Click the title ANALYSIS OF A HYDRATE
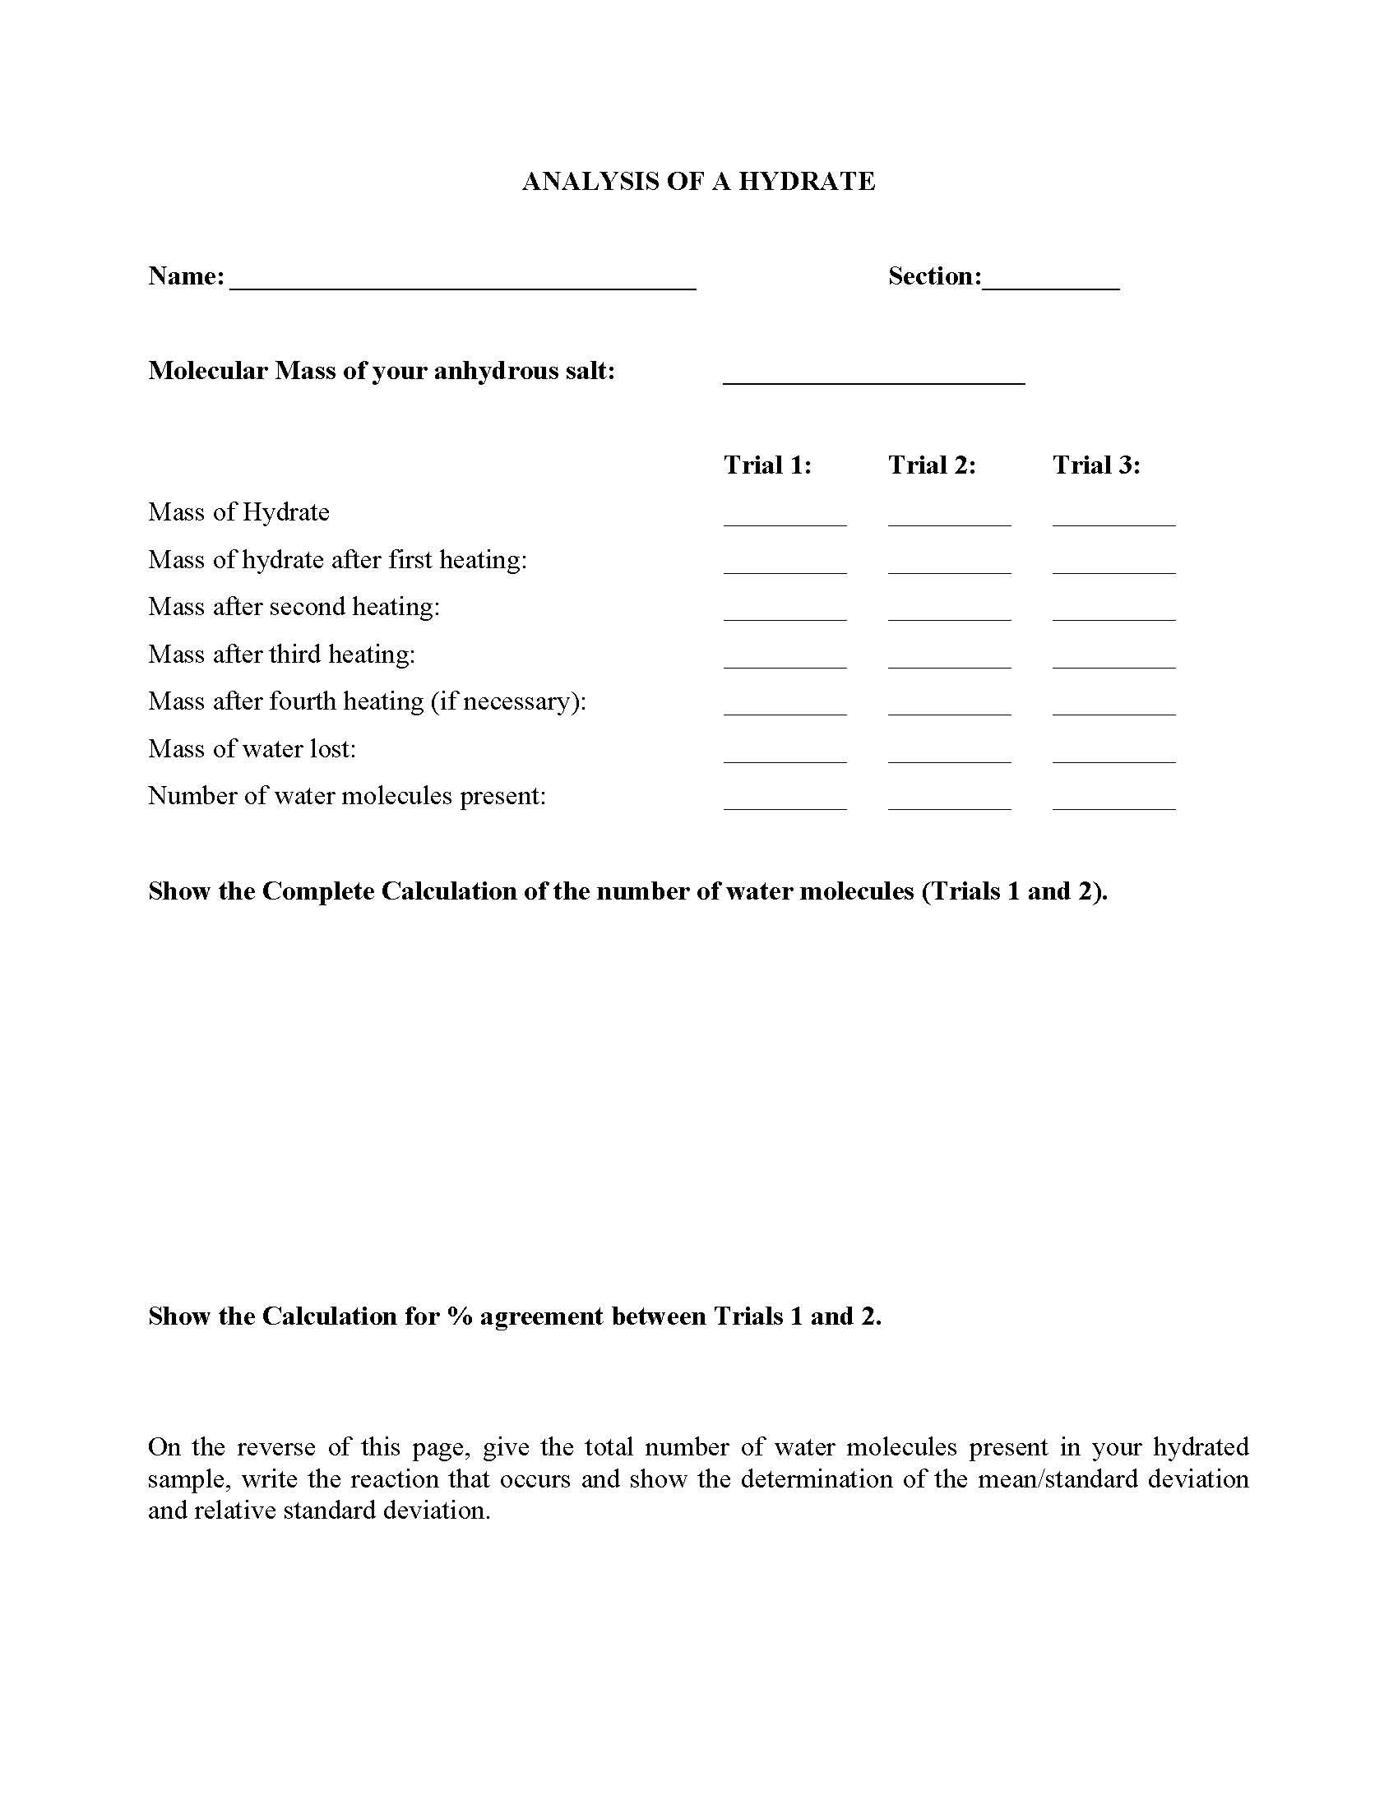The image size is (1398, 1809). tap(698, 182)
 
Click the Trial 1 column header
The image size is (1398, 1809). tap(767, 465)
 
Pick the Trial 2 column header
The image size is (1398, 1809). tap(932, 465)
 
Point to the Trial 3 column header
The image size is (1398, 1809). tap(1095, 465)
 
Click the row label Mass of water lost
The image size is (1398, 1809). tap(252, 749)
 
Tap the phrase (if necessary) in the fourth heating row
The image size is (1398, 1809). tap(507, 701)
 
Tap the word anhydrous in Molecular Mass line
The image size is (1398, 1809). tap(488, 371)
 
